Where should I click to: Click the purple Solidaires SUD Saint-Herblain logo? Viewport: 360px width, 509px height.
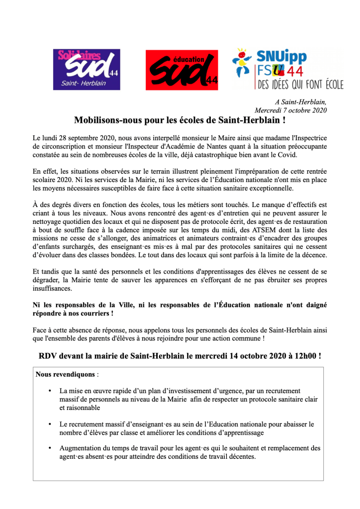tap(87, 69)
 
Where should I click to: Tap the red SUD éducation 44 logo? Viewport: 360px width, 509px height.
tap(181, 70)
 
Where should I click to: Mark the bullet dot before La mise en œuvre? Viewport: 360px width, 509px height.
tap(50, 391)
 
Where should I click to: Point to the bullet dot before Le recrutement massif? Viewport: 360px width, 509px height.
tap(50, 424)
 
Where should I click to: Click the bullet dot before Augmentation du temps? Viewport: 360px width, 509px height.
tap(50, 448)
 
